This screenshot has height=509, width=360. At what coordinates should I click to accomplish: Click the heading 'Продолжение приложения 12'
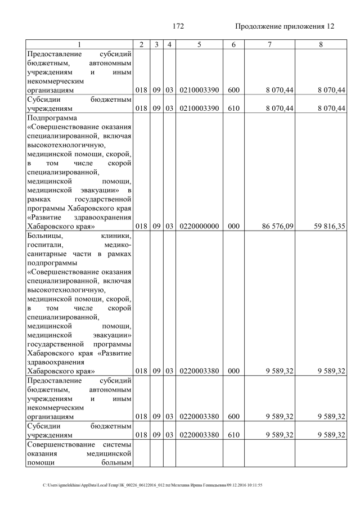pyautogui.click(x=284, y=26)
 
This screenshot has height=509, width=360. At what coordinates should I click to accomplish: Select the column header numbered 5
pyautogui.click(x=199, y=44)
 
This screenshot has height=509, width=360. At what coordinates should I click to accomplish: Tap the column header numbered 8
pyautogui.click(x=321, y=44)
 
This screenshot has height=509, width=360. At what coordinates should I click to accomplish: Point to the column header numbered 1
pyautogui.click(x=79, y=44)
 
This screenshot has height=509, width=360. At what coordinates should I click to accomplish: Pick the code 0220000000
pyautogui.click(x=199, y=226)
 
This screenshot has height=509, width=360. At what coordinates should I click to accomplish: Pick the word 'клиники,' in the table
pyautogui.click(x=116, y=236)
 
